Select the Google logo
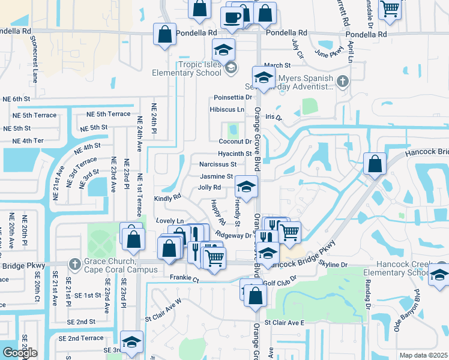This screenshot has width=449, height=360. click(19, 352)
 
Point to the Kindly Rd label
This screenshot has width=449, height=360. click(167, 197)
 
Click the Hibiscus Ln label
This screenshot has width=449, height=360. click(227, 110)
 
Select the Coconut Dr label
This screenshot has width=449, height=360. click(235, 142)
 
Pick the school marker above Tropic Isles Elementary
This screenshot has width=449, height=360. click(224, 49)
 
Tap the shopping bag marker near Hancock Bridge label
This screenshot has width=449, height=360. click(375, 163)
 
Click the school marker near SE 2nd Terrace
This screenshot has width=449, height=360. click(131, 341)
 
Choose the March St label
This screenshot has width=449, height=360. click(277, 65)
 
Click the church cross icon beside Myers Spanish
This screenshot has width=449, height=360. click(343, 81)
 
